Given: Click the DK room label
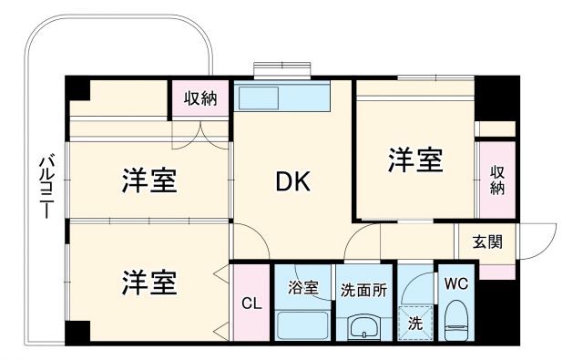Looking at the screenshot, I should tap(293, 182).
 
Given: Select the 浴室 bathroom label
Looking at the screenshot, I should tap(304, 288).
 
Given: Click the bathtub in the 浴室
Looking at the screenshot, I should tap(304, 324).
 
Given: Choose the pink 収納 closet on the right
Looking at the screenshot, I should tap(497, 180).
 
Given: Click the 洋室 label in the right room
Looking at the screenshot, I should tap(416, 159).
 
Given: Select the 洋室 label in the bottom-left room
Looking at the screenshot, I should tap(148, 282).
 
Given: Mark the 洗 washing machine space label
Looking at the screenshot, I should tap(414, 322).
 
